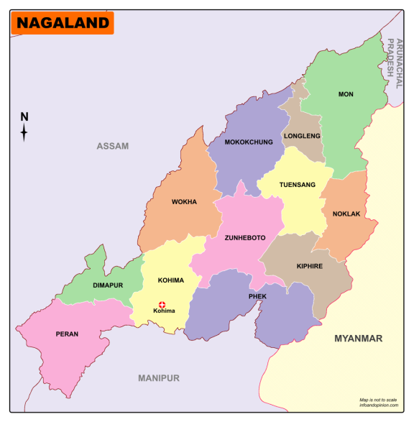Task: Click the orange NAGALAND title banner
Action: pos(63,23)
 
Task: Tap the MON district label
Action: pos(346,94)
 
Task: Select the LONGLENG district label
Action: pos(302,136)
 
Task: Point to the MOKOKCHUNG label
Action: pos(249,142)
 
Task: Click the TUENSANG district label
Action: pos(297,185)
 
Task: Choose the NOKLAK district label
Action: pos(346,214)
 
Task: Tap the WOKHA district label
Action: pos(184,202)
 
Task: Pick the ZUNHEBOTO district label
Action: pos(245,237)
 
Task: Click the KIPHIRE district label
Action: pos(309,266)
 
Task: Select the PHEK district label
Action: pos(257,295)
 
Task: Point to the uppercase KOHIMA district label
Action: pos(171,280)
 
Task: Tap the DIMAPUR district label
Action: pos(108,285)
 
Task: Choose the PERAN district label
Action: pos(67,334)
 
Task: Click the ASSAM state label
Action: pos(113,146)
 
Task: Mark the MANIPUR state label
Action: pos(159,377)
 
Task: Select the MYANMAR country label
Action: pos(358,338)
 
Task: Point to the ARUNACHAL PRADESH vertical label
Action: pos(392,58)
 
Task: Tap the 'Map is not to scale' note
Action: pos(378,400)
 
